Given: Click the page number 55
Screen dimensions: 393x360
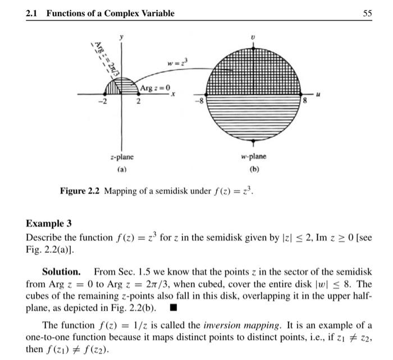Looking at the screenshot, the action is pyautogui.click(x=367, y=13).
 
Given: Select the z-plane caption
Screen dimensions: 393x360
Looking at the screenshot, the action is pyautogui.click(x=122, y=158).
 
